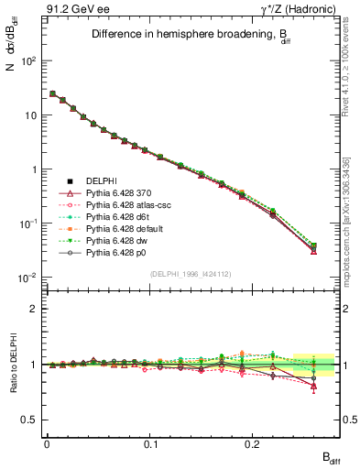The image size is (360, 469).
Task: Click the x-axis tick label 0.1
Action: (x=149, y=442)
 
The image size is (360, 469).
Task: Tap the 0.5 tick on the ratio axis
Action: (x=33, y=420)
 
